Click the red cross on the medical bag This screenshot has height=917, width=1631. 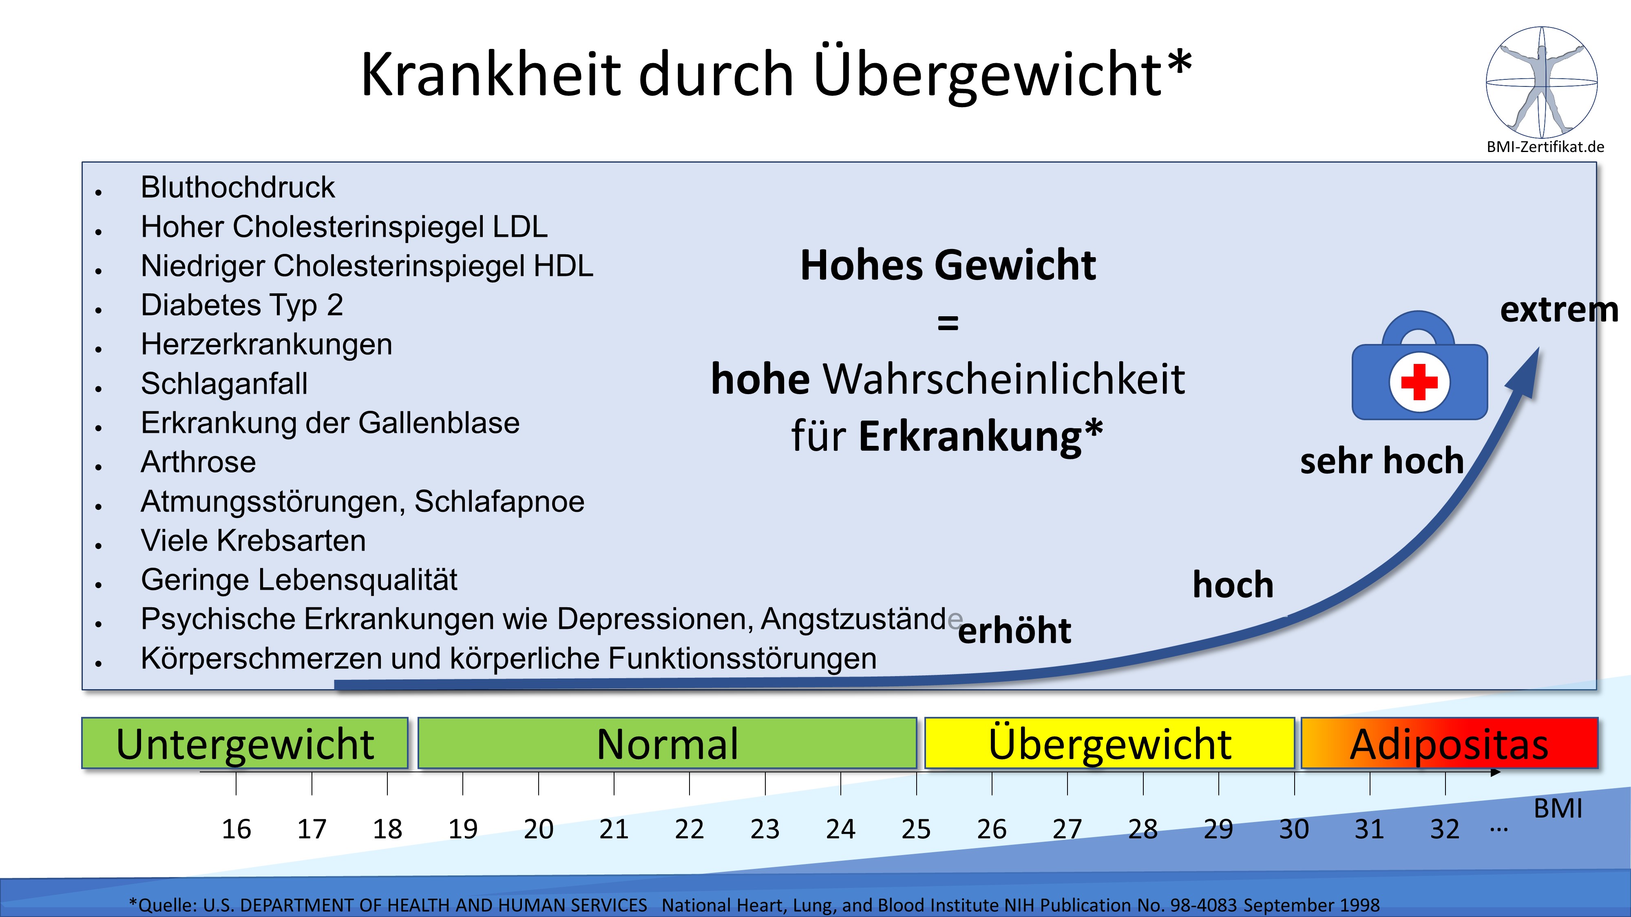[x=1419, y=382]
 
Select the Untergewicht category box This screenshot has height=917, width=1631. [x=245, y=743]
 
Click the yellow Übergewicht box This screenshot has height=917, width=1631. [x=1109, y=743]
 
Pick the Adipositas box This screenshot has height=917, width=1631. [x=1449, y=743]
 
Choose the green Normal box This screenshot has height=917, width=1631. [x=667, y=743]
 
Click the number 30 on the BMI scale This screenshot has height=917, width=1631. [x=1293, y=829]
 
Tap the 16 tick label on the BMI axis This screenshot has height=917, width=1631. [x=236, y=829]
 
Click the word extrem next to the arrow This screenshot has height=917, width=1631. [x=1558, y=310]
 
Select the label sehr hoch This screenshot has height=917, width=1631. [x=1381, y=460]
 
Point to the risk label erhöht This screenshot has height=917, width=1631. [x=1014, y=630]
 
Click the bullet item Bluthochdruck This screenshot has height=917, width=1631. [x=237, y=187]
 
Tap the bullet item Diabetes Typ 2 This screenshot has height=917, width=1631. [x=242, y=305]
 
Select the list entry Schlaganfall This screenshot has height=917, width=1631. [x=224, y=384]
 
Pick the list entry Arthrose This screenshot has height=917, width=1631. [x=198, y=462]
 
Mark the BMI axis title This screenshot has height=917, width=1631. [x=1558, y=808]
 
